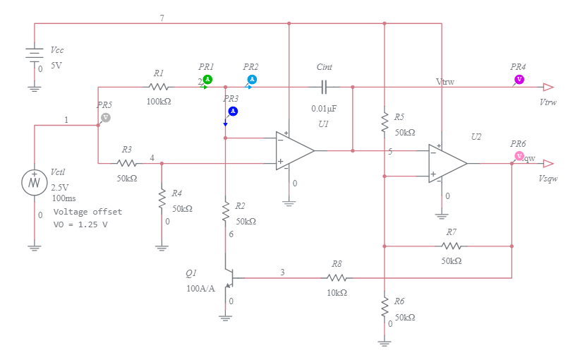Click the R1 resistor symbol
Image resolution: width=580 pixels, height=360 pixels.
pos(159,87)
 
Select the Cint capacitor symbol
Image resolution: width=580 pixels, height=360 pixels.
pos(324,87)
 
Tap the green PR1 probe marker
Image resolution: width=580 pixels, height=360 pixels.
pos(207,79)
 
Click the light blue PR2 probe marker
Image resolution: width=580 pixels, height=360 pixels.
pos(252,79)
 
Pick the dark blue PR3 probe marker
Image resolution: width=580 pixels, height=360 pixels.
pos(233,111)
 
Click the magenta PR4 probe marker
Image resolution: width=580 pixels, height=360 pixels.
pos(519,79)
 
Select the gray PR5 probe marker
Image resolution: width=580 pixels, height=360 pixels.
pos(105,117)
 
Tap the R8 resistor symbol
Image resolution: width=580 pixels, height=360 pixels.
pos(337,278)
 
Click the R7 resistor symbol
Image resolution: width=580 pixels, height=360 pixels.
pos(452,246)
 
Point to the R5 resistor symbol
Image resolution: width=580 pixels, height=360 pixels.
pos(385,122)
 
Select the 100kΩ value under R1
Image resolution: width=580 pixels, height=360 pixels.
pos(159,101)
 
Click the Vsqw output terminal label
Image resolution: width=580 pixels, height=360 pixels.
pos(548,179)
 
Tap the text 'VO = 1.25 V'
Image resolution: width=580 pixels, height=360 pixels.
pos(81,224)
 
